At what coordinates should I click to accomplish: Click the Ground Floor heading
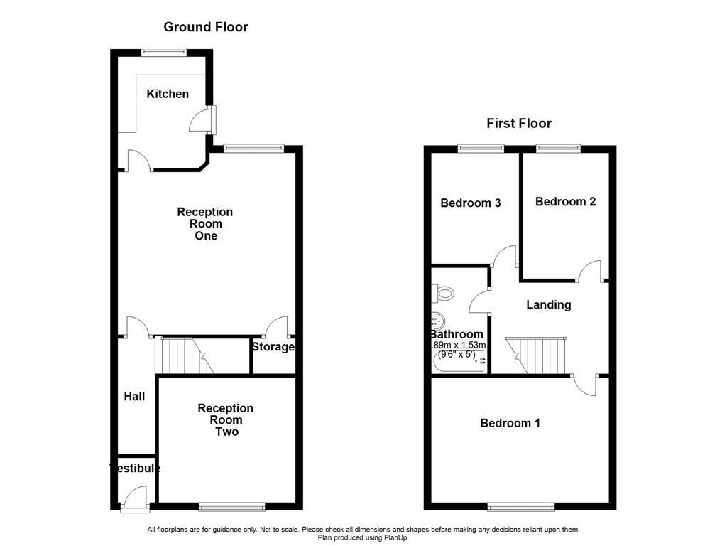206,27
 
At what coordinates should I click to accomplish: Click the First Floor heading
518,123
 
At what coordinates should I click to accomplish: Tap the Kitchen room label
168,94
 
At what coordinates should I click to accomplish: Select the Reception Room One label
205,223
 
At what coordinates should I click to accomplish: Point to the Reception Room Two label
226,419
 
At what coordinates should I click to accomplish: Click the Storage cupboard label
273,347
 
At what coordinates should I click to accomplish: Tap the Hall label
134,396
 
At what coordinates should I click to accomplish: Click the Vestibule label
135,468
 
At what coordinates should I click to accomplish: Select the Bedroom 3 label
470,203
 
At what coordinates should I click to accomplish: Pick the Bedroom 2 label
565,201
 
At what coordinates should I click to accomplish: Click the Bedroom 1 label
510,423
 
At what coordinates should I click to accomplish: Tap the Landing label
548,304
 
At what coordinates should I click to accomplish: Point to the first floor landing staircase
537,354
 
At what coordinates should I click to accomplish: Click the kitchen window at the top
163,50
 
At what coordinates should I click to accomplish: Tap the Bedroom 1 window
521,506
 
